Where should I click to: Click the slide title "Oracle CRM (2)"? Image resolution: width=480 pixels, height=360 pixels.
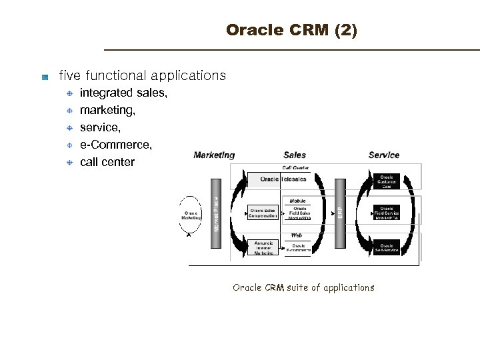click(x=291, y=31)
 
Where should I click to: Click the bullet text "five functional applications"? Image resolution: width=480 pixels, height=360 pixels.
click(x=142, y=76)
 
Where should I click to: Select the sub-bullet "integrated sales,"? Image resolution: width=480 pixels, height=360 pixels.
click(x=123, y=93)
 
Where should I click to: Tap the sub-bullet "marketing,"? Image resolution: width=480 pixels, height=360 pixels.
click(x=107, y=110)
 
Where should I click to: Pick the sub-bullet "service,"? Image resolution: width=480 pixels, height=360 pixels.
click(x=100, y=127)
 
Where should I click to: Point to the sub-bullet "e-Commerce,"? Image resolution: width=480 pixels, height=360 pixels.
click(x=115, y=145)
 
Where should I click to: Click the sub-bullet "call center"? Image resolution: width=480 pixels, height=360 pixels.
click(x=107, y=162)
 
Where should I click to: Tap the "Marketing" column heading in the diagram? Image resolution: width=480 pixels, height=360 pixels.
click(x=214, y=155)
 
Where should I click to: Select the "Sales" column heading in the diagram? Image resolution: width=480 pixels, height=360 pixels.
click(x=295, y=155)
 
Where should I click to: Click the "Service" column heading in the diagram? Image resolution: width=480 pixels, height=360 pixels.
click(x=384, y=155)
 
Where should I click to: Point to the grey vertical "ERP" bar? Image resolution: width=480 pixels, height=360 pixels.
click(x=340, y=213)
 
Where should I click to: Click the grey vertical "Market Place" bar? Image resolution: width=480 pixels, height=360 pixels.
click(x=216, y=213)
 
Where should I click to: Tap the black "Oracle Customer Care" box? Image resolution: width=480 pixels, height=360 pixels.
click(x=386, y=182)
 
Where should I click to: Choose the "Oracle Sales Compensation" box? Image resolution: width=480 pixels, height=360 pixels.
click(x=263, y=213)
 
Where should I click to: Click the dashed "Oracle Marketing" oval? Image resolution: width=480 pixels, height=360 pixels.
click(x=191, y=215)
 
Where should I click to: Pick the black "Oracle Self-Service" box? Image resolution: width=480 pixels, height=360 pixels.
click(x=386, y=248)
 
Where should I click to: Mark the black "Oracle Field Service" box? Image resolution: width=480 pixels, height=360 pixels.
click(x=386, y=213)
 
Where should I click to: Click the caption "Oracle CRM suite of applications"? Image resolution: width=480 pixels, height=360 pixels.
click(x=303, y=288)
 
